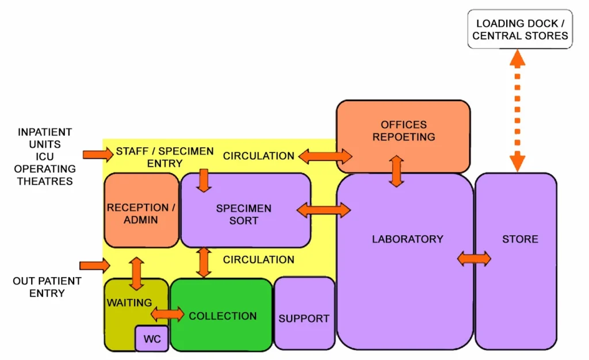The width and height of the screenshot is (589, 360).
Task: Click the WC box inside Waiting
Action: (x=152, y=339)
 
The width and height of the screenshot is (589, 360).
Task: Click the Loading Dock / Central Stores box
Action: (x=520, y=29)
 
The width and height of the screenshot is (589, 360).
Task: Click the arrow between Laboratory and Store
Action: (x=474, y=259)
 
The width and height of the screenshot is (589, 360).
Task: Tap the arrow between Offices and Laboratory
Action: (x=396, y=171)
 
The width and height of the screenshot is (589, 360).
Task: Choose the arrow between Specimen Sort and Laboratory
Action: (x=324, y=210)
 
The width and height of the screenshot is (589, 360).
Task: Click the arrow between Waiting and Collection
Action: (x=167, y=315)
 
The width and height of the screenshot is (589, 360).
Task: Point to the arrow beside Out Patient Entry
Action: (x=94, y=265)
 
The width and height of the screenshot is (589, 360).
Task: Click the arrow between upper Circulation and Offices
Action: (x=325, y=155)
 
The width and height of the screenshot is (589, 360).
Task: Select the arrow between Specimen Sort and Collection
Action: (x=203, y=262)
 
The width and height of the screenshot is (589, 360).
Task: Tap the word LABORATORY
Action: (x=407, y=239)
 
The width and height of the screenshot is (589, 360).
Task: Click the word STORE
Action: (x=520, y=239)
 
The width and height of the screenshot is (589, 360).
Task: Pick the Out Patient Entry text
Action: (x=47, y=287)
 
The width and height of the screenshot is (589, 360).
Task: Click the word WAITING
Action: (x=129, y=302)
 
